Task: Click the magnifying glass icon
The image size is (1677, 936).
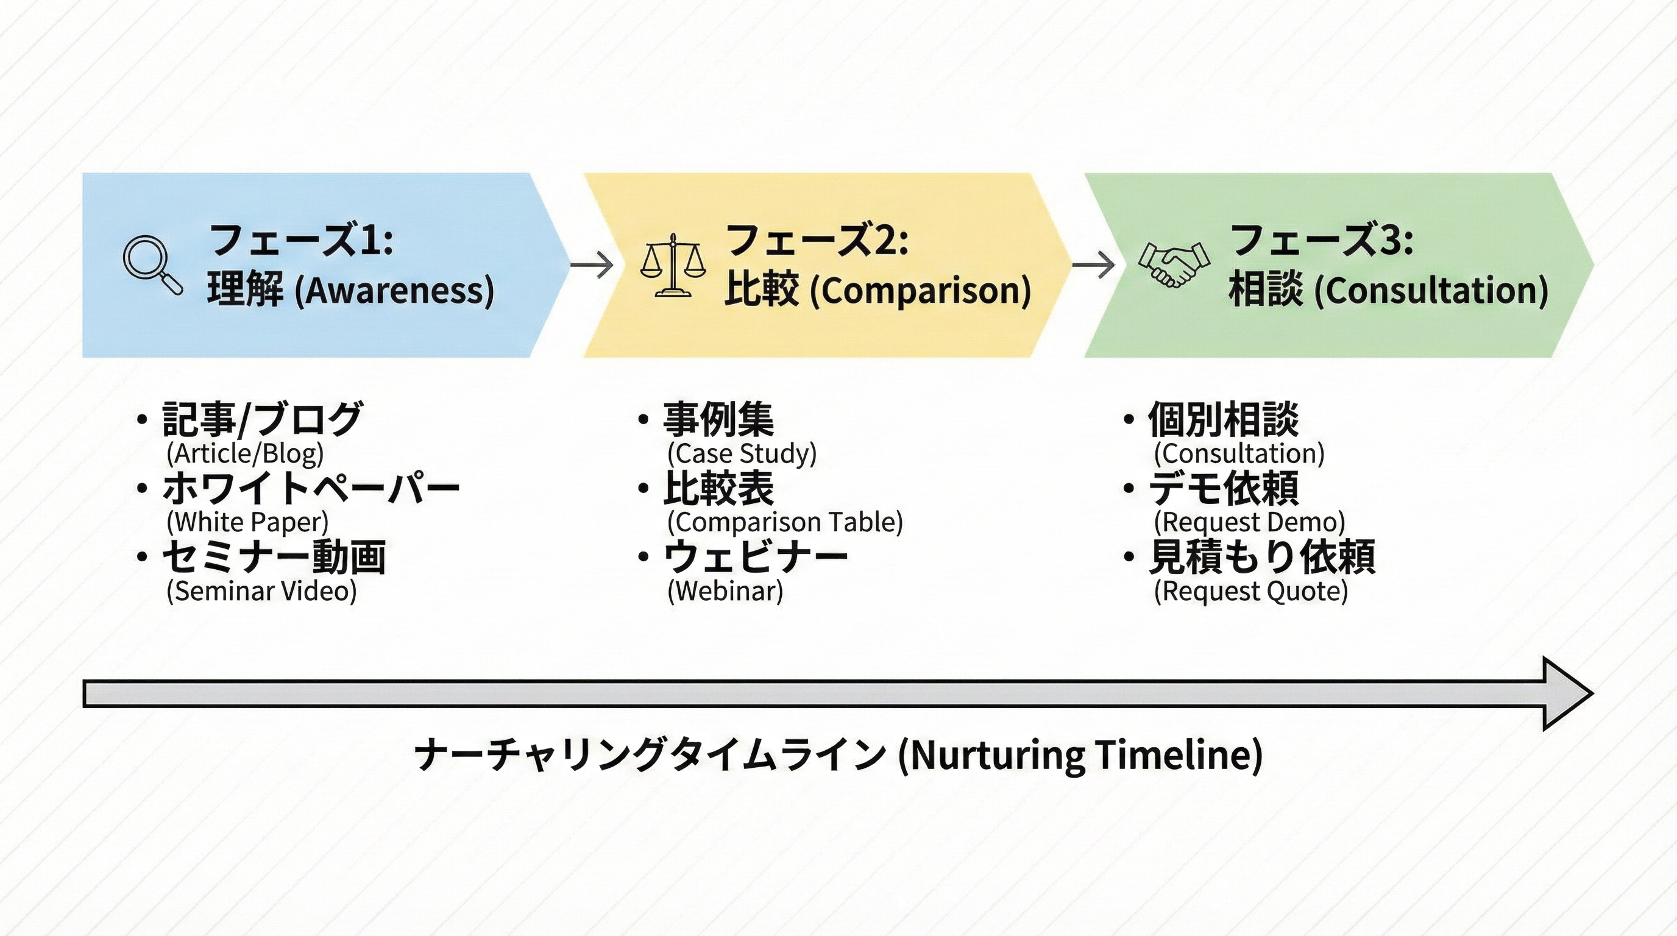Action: tap(152, 265)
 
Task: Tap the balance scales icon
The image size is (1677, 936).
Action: tap(673, 266)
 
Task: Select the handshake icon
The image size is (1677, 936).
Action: tap(1174, 264)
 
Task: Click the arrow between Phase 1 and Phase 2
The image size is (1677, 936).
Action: tap(591, 265)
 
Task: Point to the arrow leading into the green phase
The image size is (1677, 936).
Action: tap(1093, 265)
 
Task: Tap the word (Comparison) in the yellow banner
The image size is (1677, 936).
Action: tap(920, 290)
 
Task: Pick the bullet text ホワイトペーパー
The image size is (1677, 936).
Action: tap(311, 488)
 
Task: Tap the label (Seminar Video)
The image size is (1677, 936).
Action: tap(261, 591)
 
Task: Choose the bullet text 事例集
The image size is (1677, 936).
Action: tap(718, 419)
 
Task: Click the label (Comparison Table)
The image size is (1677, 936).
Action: tap(785, 522)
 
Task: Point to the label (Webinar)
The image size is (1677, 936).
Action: tap(725, 591)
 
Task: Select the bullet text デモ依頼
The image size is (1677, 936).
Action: tap(1223, 488)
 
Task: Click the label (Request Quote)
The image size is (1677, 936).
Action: tap(1250, 591)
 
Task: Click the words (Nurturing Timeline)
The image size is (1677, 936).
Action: tap(1080, 755)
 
